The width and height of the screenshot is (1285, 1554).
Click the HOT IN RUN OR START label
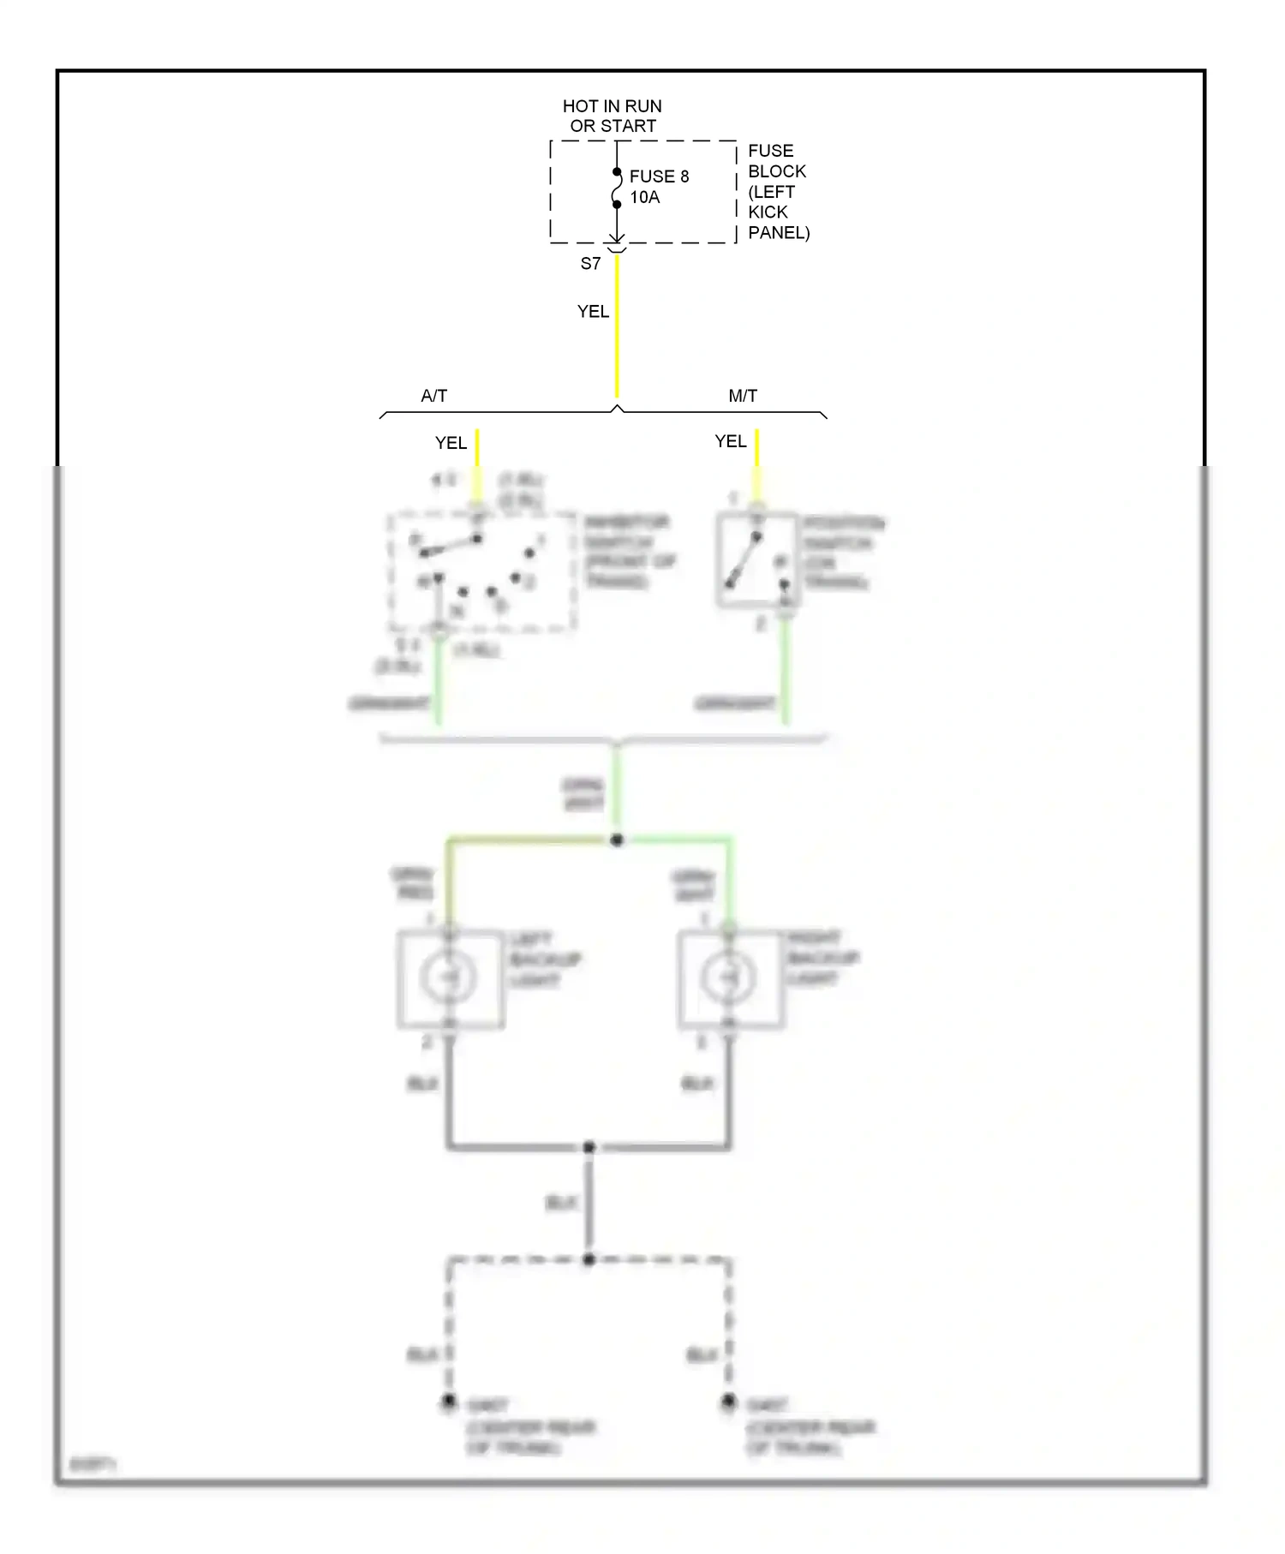(612, 116)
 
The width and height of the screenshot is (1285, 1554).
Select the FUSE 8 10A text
(658, 186)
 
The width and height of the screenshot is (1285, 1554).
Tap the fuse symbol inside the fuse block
(617, 188)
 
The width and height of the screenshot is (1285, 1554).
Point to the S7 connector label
(590, 264)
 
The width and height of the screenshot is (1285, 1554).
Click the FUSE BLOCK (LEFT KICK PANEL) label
(777, 191)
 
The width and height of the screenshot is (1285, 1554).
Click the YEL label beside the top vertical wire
(593, 312)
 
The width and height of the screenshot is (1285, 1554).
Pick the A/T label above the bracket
(433, 396)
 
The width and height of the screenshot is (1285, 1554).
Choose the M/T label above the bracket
(743, 396)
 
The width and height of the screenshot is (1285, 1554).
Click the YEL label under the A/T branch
(451, 443)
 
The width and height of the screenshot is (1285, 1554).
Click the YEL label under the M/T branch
(731, 441)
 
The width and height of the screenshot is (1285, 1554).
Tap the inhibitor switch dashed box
(481, 571)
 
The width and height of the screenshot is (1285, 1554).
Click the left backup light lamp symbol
(448, 978)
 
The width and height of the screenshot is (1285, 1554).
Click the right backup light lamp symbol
(728, 977)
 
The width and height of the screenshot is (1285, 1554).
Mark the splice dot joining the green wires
(617, 840)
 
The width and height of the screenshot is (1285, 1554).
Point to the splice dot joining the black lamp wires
(589, 1146)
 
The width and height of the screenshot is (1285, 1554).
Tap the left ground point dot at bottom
(448, 1402)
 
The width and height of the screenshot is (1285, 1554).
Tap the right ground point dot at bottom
(728, 1402)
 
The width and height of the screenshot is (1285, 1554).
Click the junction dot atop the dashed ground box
(589, 1259)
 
